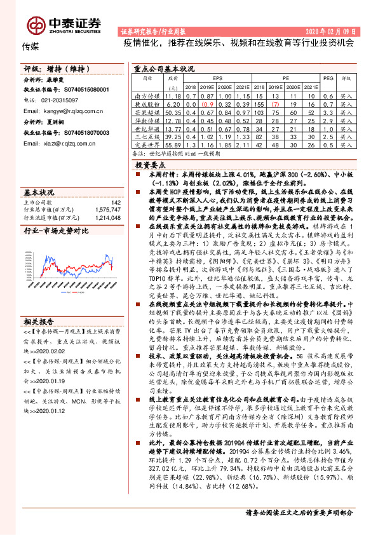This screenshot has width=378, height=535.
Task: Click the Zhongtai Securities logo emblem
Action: pos(36,24)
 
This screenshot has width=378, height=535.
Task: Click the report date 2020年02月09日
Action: pos(335,30)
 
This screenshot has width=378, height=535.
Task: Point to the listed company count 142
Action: pos(116,202)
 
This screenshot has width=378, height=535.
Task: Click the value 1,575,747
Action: pos(107,209)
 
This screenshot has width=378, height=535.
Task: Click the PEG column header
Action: pos(328,76)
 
